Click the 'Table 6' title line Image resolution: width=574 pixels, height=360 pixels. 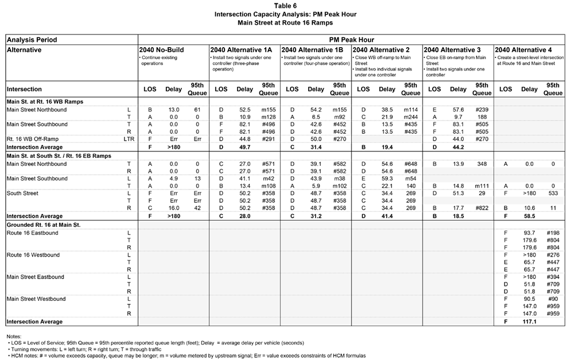(286, 6)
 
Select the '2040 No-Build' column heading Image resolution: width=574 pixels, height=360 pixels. (162, 50)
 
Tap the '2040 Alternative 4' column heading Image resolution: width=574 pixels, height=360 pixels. (523, 50)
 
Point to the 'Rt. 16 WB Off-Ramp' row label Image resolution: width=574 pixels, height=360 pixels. (34, 139)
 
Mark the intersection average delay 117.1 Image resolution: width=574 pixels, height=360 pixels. (529, 322)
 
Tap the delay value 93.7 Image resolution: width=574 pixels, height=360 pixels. (529, 234)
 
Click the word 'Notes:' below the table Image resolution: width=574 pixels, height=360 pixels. (14, 336)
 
